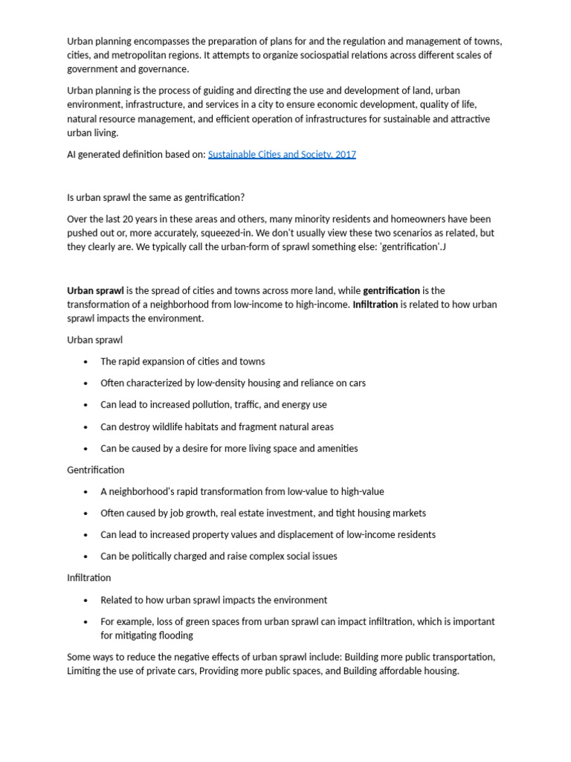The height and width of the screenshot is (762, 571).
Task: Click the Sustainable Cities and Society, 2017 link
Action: point(282,155)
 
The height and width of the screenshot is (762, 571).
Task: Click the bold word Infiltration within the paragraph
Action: point(375,304)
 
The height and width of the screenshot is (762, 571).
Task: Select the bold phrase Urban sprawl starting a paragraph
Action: point(95,290)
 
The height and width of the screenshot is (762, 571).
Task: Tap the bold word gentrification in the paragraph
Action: point(391,290)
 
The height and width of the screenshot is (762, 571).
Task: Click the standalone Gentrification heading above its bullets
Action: point(96,470)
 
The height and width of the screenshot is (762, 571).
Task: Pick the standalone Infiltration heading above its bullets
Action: point(89,577)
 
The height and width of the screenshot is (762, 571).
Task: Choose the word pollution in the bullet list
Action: point(213,405)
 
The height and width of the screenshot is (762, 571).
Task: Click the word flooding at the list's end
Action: point(175,635)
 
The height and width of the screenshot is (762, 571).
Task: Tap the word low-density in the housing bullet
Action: point(222,383)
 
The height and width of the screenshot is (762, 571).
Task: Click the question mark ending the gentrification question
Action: point(242,197)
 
